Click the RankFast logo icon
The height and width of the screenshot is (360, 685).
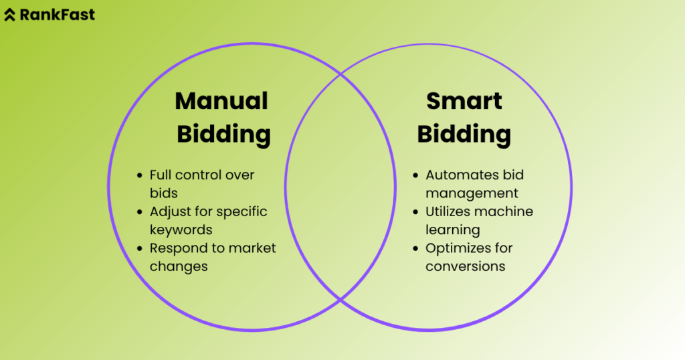click(x=9, y=15)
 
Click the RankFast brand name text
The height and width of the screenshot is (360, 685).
click(x=58, y=14)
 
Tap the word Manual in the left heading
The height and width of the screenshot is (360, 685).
click(x=221, y=101)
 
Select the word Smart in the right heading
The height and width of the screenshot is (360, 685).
click(x=464, y=101)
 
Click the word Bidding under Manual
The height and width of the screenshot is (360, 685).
click(x=223, y=134)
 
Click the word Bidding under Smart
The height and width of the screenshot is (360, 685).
click(x=464, y=134)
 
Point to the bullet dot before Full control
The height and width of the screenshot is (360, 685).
click(x=139, y=175)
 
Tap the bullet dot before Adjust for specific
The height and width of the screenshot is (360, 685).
click(x=139, y=212)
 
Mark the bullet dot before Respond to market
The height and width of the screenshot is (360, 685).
click(x=139, y=248)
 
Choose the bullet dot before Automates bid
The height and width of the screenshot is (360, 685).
click(x=415, y=175)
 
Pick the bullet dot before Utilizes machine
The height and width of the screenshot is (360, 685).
click(x=415, y=212)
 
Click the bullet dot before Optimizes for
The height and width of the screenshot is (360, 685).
click(x=415, y=248)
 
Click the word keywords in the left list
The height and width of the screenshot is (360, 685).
click(x=181, y=230)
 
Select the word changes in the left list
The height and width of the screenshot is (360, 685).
click(x=179, y=266)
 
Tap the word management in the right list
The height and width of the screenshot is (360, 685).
click(x=472, y=193)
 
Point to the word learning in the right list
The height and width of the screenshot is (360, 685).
click(x=453, y=230)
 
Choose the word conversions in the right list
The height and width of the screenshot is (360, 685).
click(x=465, y=266)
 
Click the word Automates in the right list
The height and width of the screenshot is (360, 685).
click(x=458, y=175)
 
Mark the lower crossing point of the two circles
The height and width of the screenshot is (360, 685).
click(x=340, y=299)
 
